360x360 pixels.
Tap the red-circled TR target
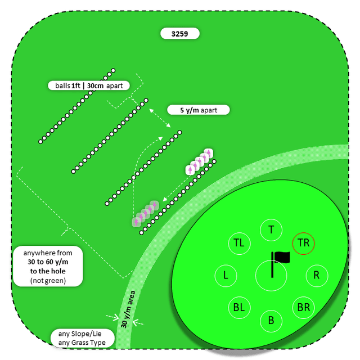click(304, 243)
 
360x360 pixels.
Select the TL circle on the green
click(239, 243)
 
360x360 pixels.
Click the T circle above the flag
click(271, 229)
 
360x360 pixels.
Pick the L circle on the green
click(226, 276)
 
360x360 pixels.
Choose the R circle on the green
click(316, 276)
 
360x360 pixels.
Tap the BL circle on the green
click(239, 308)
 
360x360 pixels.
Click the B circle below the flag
click(271, 321)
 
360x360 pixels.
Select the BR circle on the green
click(304, 308)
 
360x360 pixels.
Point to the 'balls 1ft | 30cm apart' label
click(89, 85)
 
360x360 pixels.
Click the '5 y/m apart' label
click(199, 110)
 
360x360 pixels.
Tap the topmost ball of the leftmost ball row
click(113, 71)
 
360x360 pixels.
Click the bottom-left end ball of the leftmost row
click(40, 142)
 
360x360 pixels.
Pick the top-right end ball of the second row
click(146, 101)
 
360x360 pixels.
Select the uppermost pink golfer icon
click(209, 152)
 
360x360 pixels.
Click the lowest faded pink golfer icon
click(136, 222)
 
